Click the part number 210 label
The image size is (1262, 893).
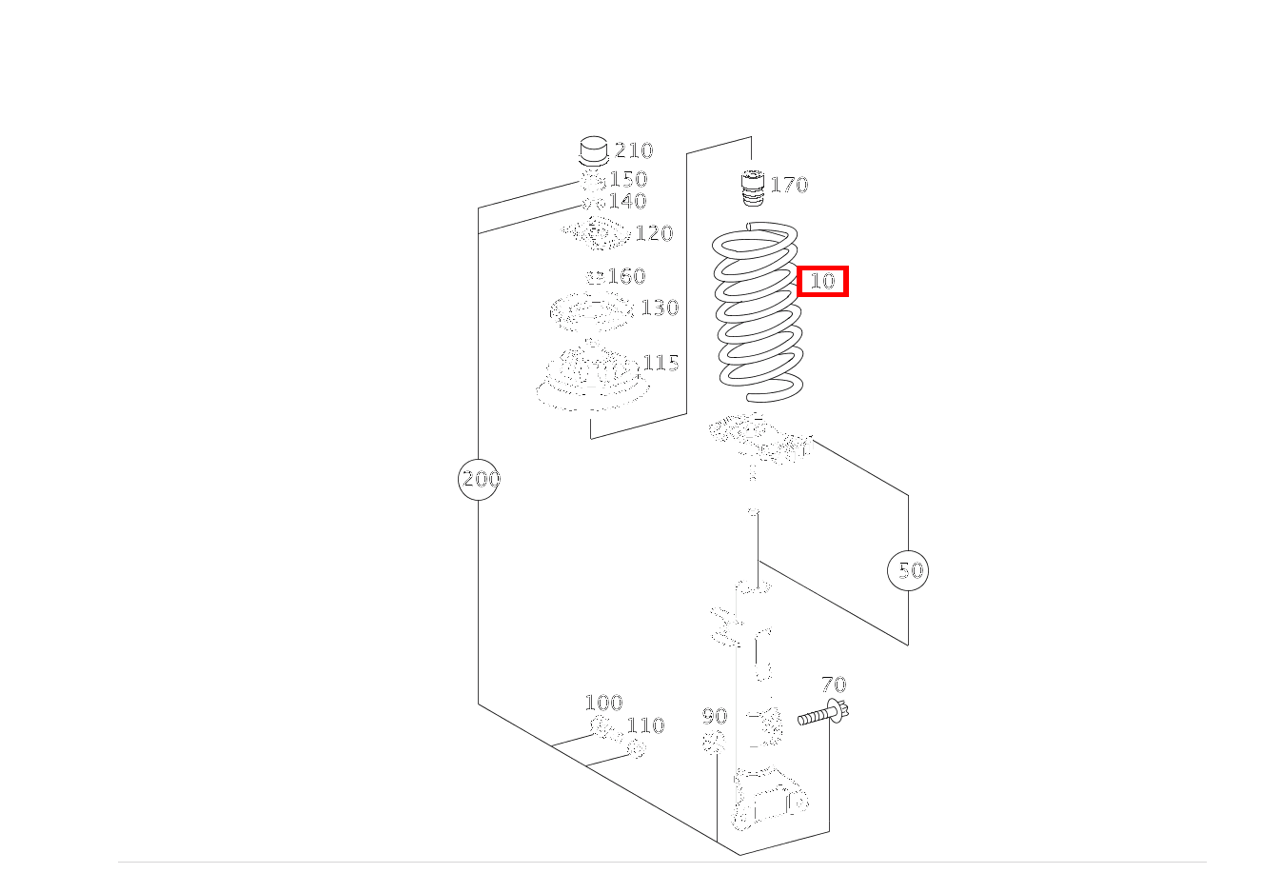[x=634, y=150]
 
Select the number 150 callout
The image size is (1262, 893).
[x=628, y=179]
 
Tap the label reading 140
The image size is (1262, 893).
[x=627, y=201]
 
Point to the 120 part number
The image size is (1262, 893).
[x=654, y=233]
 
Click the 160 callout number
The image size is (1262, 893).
[x=626, y=276]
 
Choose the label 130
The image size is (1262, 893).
[x=660, y=308]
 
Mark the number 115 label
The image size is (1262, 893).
[x=661, y=363]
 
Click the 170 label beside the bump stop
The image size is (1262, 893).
[x=789, y=185]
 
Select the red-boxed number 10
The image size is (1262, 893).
[x=822, y=281]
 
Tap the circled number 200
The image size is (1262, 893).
[x=480, y=479]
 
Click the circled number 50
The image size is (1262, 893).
[x=909, y=570]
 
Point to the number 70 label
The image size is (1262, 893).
[x=834, y=685]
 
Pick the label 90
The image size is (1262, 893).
[x=714, y=716]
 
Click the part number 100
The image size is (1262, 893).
[x=603, y=703]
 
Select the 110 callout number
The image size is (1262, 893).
[x=645, y=725]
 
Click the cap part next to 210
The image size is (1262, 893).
[x=593, y=152]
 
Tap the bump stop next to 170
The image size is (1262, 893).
[x=754, y=188]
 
